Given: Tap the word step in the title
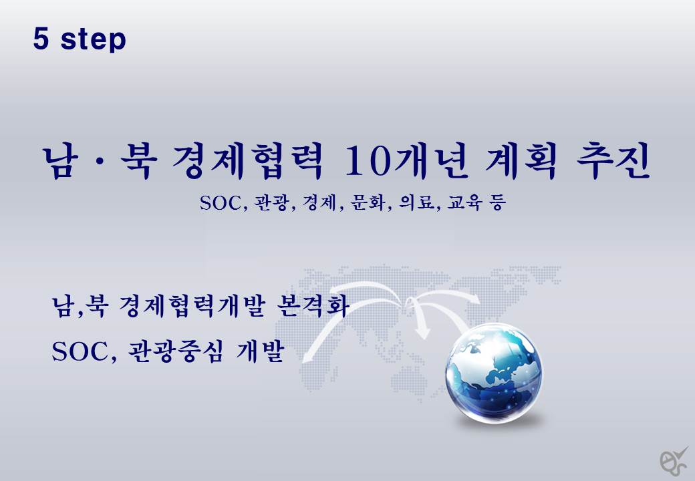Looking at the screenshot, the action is click(x=94, y=40).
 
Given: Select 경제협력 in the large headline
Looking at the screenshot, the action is click(x=246, y=162).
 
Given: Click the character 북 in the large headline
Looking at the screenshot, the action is click(x=138, y=162).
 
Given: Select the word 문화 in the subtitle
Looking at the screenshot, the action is click(x=367, y=203).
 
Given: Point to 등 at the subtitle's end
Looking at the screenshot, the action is click(x=498, y=203).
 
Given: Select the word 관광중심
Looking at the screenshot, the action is click(x=174, y=352).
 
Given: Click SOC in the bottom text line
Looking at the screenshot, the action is click(x=82, y=352).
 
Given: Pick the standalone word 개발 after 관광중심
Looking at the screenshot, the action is click(x=260, y=352).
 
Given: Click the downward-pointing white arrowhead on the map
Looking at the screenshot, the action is click(x=423, y=332).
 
